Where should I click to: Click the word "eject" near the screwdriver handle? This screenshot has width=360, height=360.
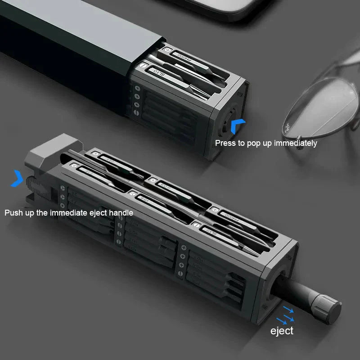[282, 331]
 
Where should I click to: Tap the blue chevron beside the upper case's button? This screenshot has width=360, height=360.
[238, 127]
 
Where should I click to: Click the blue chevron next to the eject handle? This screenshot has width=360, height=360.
[17, 178]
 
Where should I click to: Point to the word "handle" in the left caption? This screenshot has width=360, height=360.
[120, 212]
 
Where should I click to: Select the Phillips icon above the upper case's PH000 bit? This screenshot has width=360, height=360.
[167, 51]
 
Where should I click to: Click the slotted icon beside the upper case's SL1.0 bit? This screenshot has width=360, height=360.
[143, 66]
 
